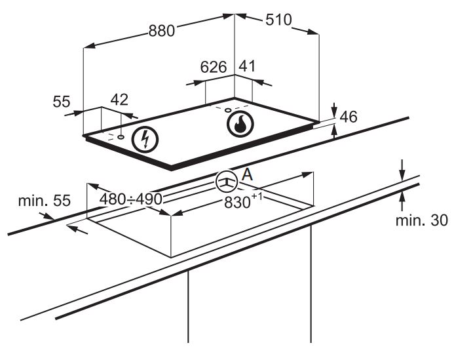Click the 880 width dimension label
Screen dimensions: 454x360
coord(162,30)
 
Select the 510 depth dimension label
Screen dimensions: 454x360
coord(278,20)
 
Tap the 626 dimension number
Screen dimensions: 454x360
coord(214,67)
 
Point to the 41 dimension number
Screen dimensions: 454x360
coord(247,66)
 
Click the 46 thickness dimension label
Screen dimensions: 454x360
coord(349,117)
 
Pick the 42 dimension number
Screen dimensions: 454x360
coord(119,100)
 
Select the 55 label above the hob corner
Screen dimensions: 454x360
coord(62,102)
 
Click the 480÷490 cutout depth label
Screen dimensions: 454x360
coord(130,199)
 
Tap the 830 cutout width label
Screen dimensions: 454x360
coord(242,201)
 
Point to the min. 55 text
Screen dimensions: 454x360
coord(45,201)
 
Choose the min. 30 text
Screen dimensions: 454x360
coord(422,220)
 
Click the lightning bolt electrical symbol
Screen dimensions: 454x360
coord(145,140)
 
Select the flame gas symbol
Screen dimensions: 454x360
coord(240,124)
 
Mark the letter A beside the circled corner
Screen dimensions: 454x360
coord(247,174)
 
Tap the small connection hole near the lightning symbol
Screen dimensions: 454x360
coord(121,136)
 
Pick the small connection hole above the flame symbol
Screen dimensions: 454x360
coord(228,110)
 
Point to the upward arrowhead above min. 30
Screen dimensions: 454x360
coord(402,197)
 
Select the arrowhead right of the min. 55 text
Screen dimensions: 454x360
coord(48,216)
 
